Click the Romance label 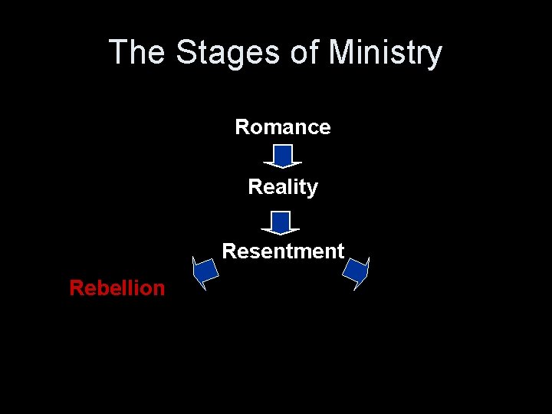point(283,127)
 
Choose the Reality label point(283,187)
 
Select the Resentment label point(283,251)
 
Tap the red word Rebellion point(117,288)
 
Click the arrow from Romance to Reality point(283,156)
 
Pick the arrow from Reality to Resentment point(281,222)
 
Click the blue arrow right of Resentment point(356,271)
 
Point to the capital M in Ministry point(341,53)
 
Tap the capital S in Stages point(186,53)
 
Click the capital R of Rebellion point(76,288)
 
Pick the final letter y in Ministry point(435,55)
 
